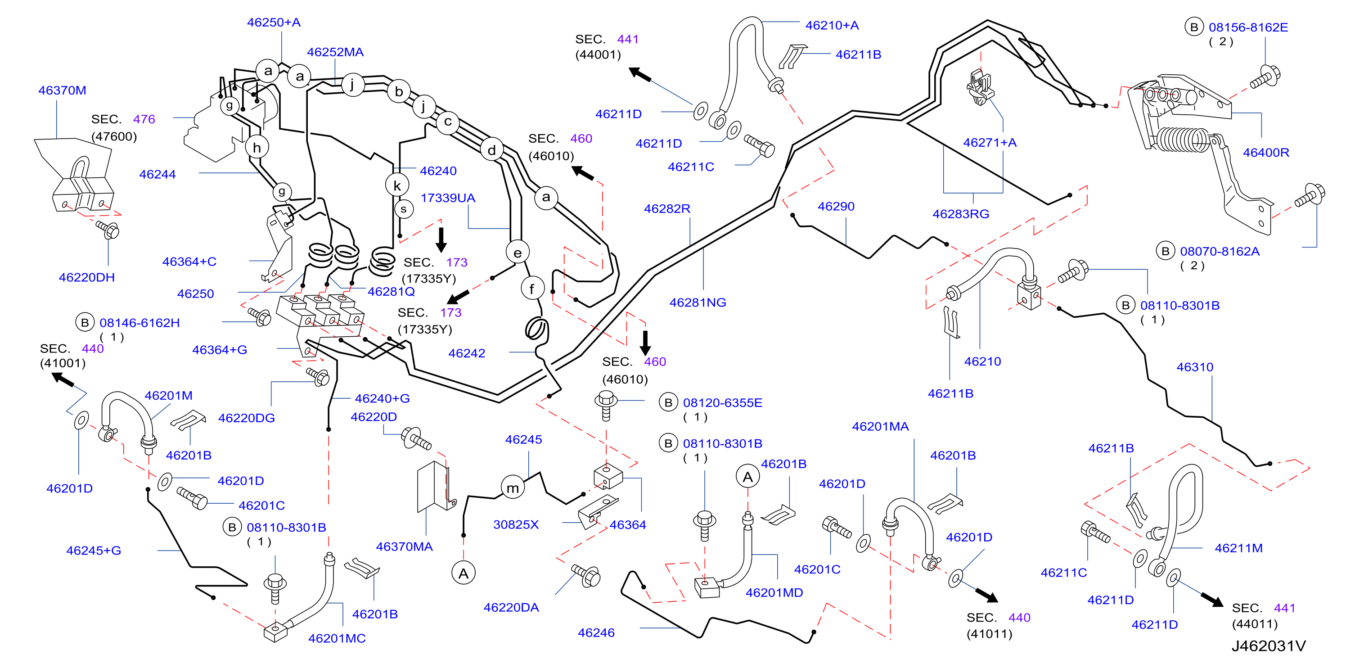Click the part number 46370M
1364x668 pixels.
click(62, 90)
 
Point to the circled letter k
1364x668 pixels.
click(397, 185)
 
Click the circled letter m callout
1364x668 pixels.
click(513, 487)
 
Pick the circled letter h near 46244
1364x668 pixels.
click(257, 147)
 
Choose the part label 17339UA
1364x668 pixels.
click(448, 198)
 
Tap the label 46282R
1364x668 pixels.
click(667, 209)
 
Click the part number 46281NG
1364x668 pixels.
click(698, 302)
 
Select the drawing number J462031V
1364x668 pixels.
click(1269, 646)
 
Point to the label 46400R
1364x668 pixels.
click(1266, 153)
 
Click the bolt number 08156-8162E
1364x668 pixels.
click(1248, 27)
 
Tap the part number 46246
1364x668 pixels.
click(596, 632)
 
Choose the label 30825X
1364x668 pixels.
click(516, 524)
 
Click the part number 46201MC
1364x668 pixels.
click(337, 638)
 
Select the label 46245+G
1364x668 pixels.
click(94, 551)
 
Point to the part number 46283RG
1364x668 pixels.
click(960, 214)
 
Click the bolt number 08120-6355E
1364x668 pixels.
click(723, 402)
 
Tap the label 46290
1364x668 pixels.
click(836, 207)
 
